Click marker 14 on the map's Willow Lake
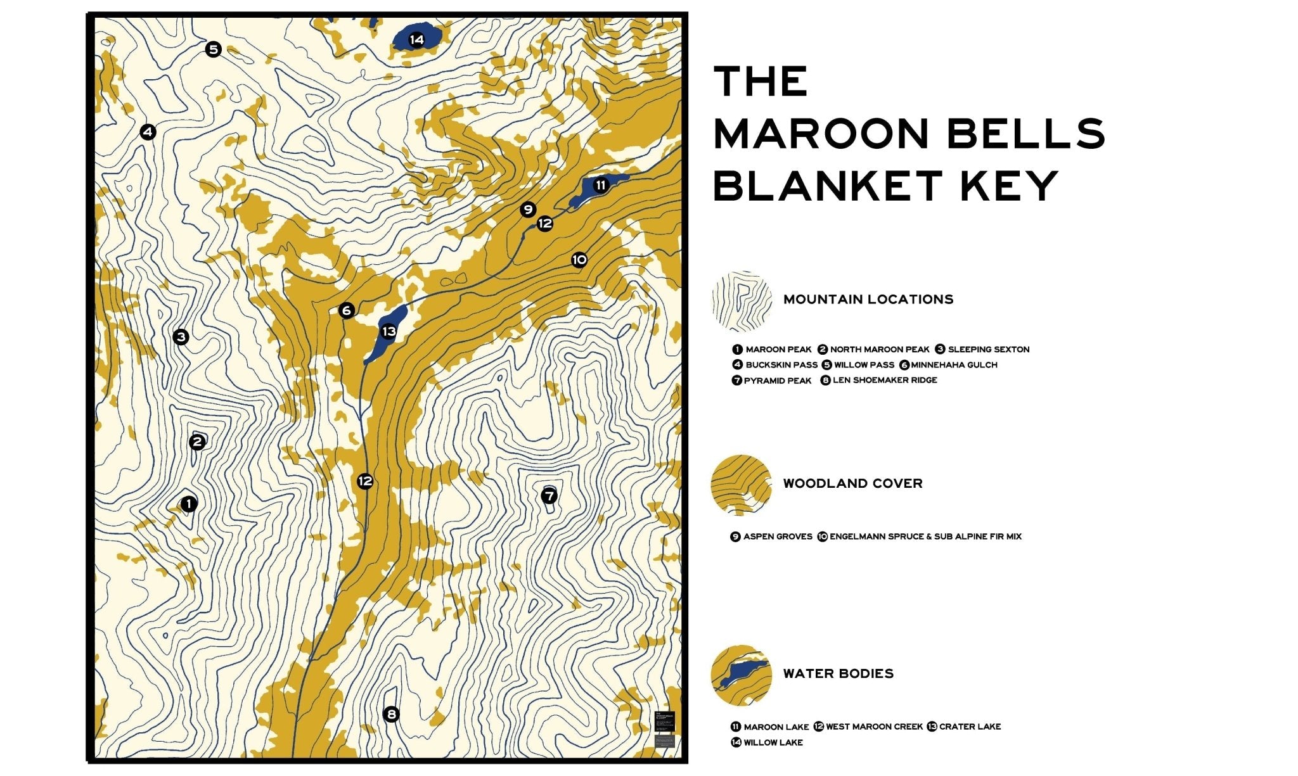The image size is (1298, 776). click(x=416, y=40)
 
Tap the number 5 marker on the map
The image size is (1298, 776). click(x=214, y=49)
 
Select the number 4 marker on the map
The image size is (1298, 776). click(x=148, y=132)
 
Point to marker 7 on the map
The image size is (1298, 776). click(x=549, y=495)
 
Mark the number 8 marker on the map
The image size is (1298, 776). click(x=392, y=715)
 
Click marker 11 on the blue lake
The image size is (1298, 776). click(x=600, y=185)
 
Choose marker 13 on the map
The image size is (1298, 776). click(x=389, y=331)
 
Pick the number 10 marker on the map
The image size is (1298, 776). click(x=579, y=260)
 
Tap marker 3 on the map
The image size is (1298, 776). click(x=181, y=336)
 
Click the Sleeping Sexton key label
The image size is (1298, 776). click(x=988, y=349)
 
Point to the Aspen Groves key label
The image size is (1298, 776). click(x=777, y=537)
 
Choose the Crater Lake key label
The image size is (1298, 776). click(x=969, y=727)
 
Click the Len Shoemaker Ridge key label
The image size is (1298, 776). click(x=884, y=380)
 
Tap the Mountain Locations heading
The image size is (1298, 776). click(x=868, y=299)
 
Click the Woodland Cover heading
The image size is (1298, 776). click(x=852, y=483)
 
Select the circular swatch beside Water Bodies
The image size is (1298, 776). click(x=741, y=675)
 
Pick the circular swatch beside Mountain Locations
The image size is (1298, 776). click(x=741, y=302)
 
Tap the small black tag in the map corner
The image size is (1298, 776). click(x=664, y=721)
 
